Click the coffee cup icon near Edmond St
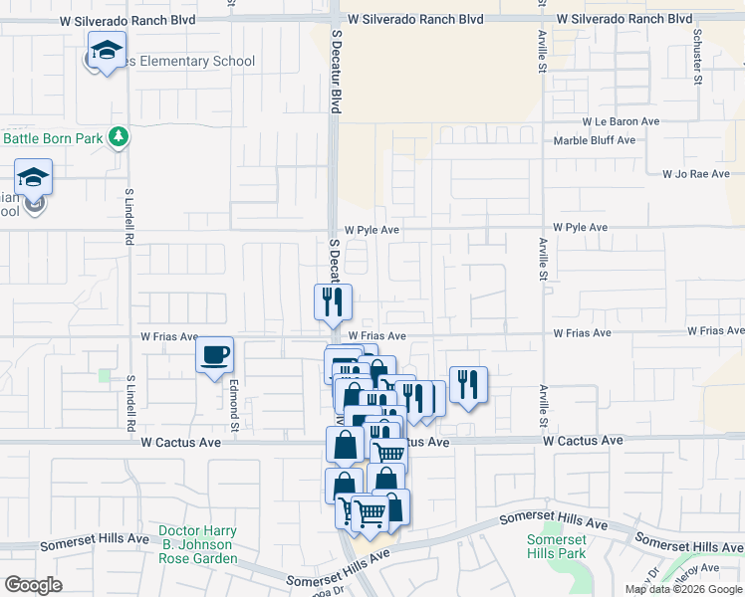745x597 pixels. pyautogui.click(x=215, y=355)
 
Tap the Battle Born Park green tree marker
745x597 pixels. pyautogui.click(x=119, y=136)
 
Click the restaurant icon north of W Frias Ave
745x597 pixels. pyautogui.click(x=334, y=301)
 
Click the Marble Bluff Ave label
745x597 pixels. pyautogui.click(x=595, y=140)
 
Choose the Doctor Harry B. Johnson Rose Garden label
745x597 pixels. pyautogui.click(x=197, y=545)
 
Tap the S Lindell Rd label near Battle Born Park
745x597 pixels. pyautogui.click(x=129, y=217)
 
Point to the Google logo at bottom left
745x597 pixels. pyautogui.click(x=34, y=584)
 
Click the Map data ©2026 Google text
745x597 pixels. pyautogui.click(x=683, y=589)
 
